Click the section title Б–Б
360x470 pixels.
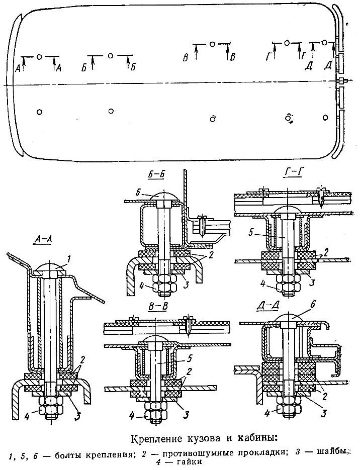point(157,175)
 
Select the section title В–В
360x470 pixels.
point(158,306)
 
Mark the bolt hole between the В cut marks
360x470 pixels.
point(212,44)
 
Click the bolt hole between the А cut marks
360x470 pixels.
point(39,56)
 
